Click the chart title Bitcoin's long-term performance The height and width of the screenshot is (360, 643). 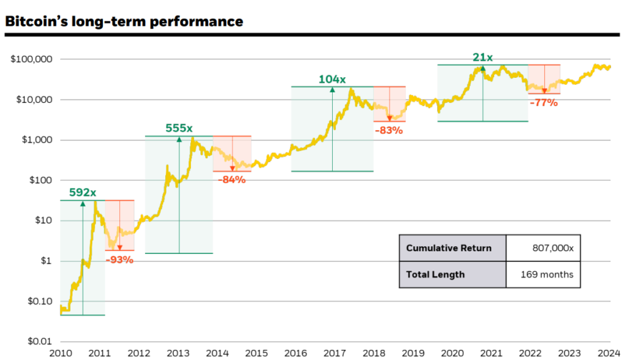coord(124,21)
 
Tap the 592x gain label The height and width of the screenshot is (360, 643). coord(82,193)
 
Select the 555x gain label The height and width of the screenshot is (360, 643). coord(179,128)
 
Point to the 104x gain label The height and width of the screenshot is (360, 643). coord(332,79)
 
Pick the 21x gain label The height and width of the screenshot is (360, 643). coord(482,58)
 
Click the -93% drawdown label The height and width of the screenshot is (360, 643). coord(119,259)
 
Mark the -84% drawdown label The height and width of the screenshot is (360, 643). coord(232,180)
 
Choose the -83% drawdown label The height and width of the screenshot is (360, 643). coord(389,131)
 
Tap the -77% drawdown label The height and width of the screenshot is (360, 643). coord(543,102)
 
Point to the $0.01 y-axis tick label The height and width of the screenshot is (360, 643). coord(39,341)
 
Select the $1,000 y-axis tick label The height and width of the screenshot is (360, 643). coord(36,140)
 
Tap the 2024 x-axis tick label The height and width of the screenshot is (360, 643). coord(610,352)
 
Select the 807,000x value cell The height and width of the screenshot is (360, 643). coord(543,248)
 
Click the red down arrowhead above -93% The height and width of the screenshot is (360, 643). coord(119,248)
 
